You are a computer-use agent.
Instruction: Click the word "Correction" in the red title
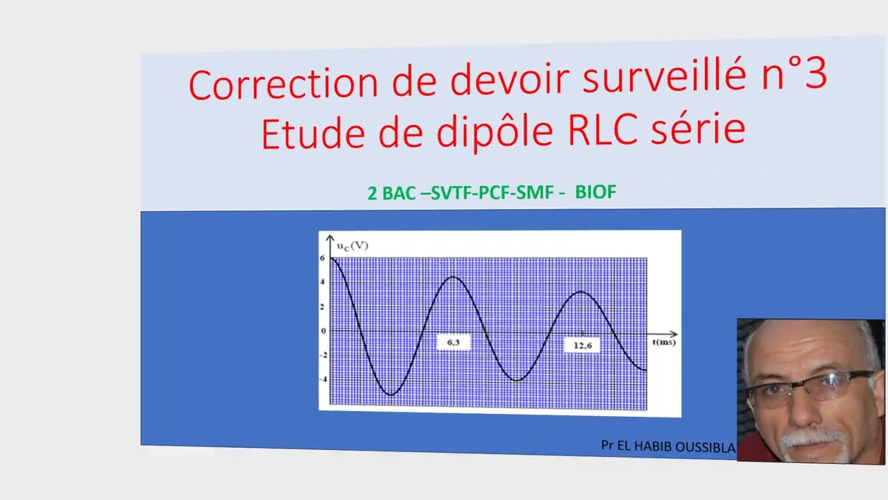[284, 83]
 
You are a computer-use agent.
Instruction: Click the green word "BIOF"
[595, 192]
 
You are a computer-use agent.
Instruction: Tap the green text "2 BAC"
[391, 193]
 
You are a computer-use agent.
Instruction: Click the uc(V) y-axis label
[352, 246]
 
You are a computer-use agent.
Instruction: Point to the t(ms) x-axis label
[663, 342]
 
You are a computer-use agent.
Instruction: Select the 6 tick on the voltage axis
[323, 258]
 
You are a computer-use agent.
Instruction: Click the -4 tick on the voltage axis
[323, 379]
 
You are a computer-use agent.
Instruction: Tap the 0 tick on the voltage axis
[323, 331]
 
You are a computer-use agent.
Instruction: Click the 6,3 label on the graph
[453, 342]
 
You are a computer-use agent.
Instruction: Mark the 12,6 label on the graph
[582, 345]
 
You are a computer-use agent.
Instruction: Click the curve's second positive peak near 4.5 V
[453, 277]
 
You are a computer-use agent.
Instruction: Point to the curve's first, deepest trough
[391, 395]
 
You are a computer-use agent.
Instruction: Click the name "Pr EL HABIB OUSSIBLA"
[667, 447]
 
